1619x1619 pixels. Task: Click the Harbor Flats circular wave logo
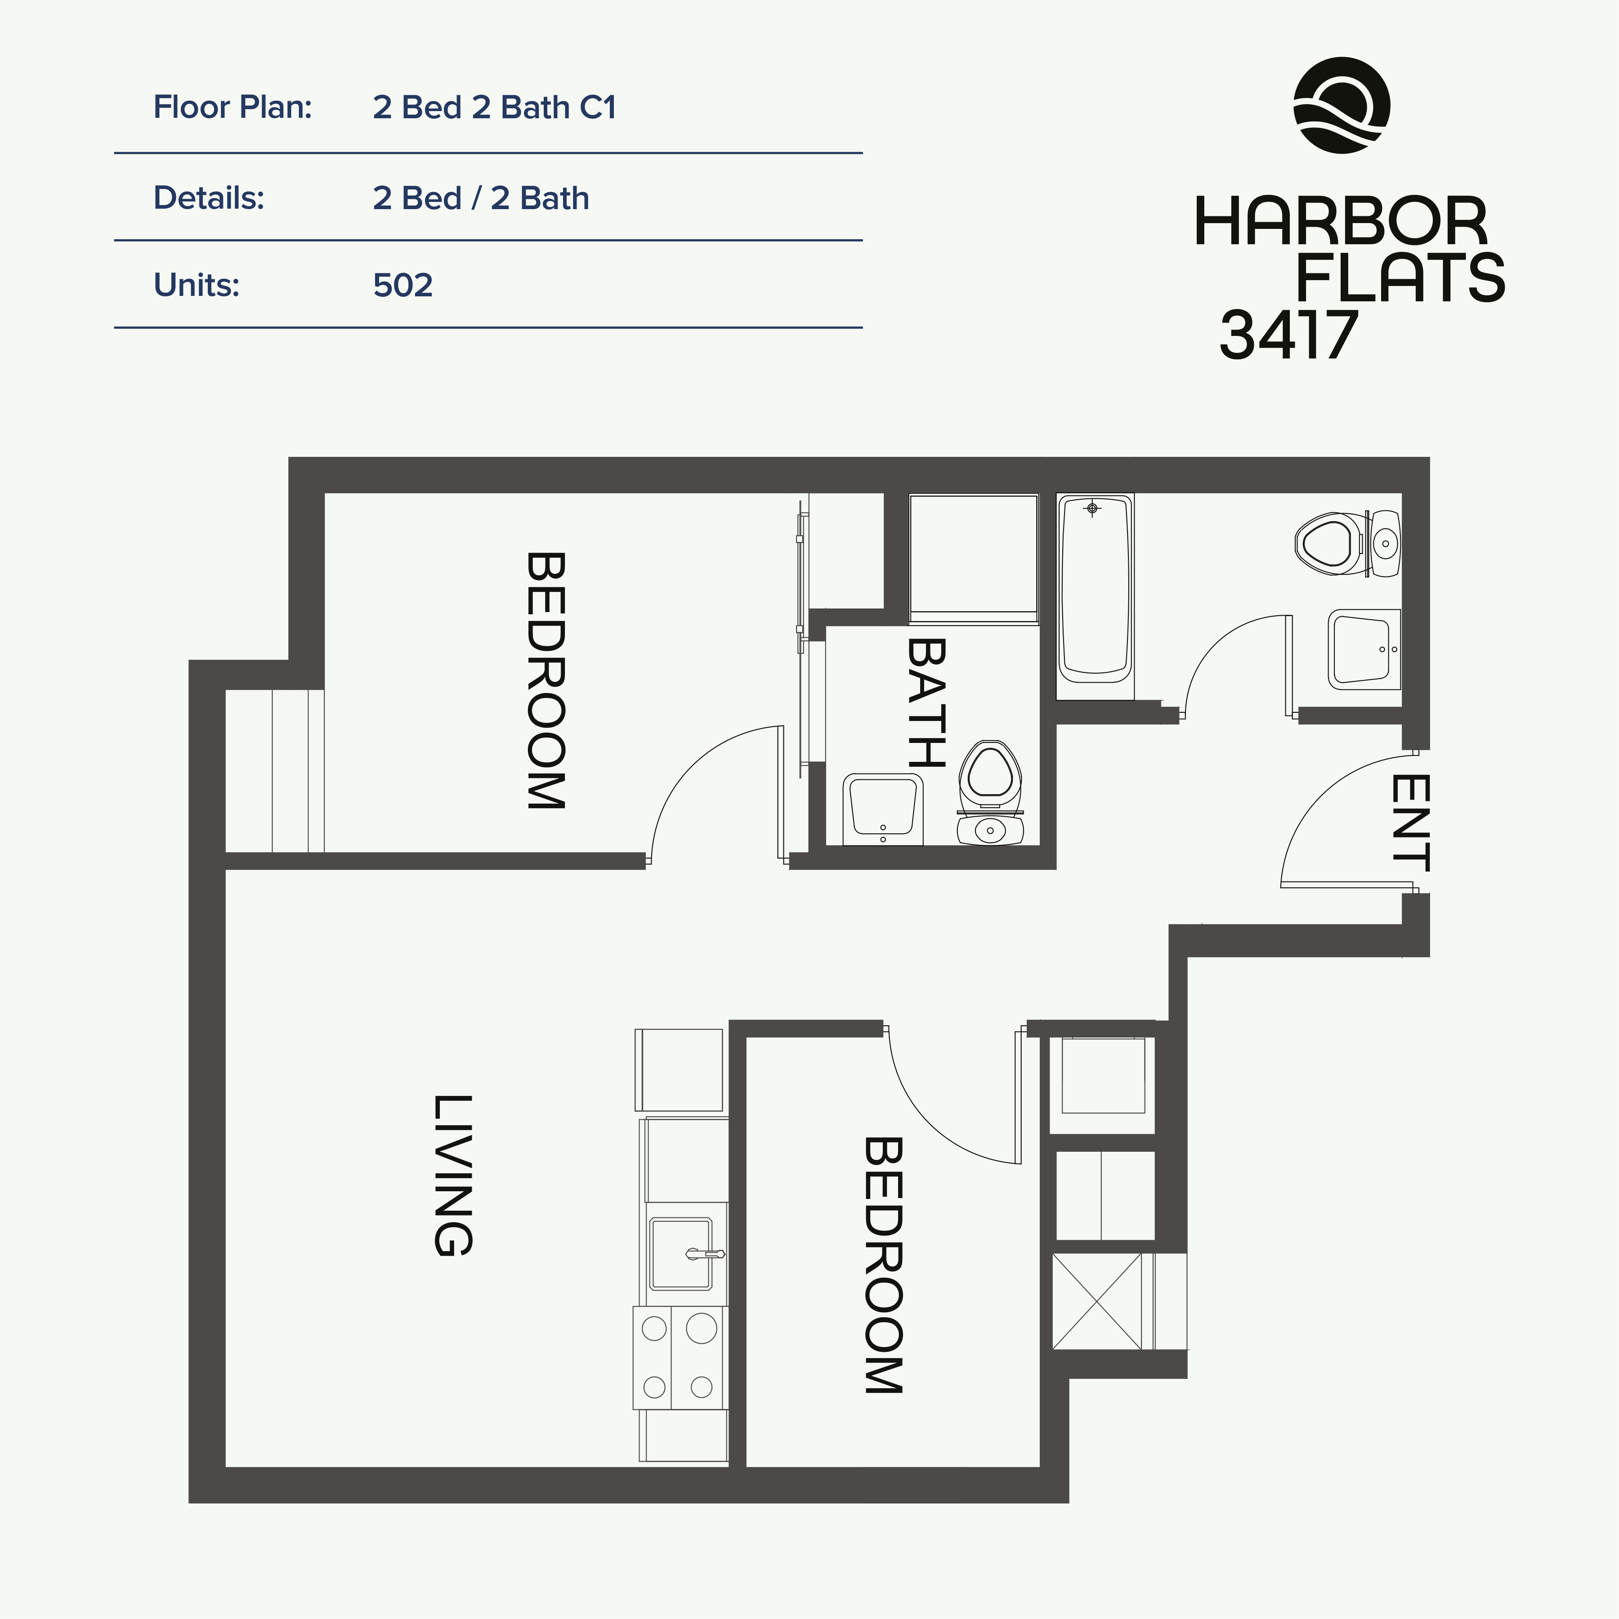1342,106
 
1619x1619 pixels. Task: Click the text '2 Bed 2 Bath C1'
494,107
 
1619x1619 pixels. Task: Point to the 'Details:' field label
209,199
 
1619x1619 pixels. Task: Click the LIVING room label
453,1175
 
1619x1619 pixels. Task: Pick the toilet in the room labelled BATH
990,792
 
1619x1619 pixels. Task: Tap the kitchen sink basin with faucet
680,1254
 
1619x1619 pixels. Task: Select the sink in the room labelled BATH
882,809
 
